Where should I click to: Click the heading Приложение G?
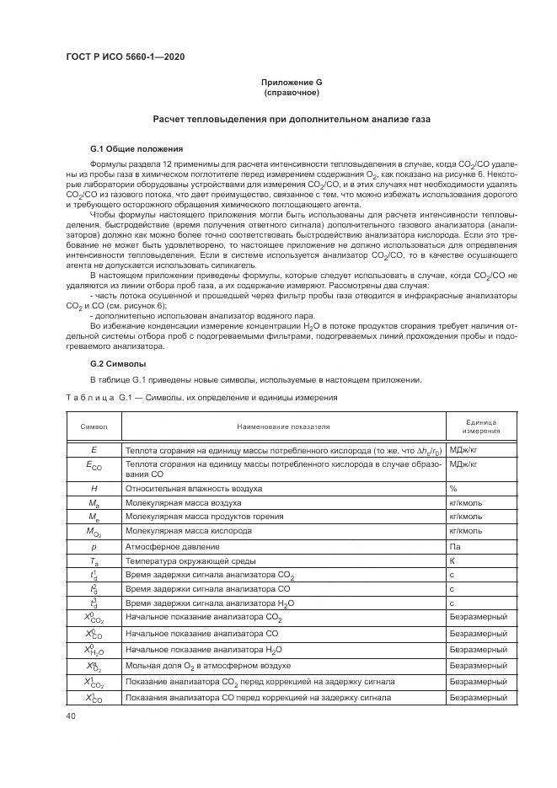click(291, 82)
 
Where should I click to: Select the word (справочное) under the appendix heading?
click(291, 92)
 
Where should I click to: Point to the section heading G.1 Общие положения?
click(131, 148)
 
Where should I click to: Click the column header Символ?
click(94, 426)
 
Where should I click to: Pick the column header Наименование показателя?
click(283, 426)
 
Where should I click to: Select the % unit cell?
click(453, 488)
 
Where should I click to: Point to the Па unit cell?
click(455, 546)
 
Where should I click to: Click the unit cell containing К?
click(453, 560)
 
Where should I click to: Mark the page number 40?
click(72, 716)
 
